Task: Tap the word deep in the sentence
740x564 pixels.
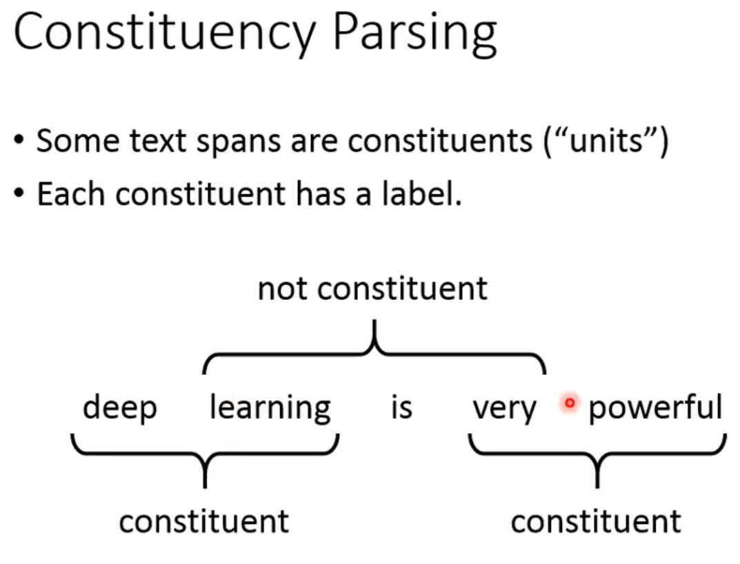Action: click(x=119, y=408)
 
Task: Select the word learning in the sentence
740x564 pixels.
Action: click(x=270, y=407)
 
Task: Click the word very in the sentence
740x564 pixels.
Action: click(x=504, y=409)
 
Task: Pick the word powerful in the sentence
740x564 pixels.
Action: click(x=655, y=407)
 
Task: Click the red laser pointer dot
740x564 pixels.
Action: click(x=569, y=403)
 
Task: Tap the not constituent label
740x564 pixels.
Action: click(x=372, y=288)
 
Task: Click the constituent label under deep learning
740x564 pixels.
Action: click(x=204, y=521)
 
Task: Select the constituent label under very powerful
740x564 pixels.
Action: click(x=596, y=521)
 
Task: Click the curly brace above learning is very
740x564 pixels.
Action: click(x=374, y=348)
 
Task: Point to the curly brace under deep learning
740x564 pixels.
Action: click(x=204, y=459)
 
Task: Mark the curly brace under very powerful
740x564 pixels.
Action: click(x=597, y=459)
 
